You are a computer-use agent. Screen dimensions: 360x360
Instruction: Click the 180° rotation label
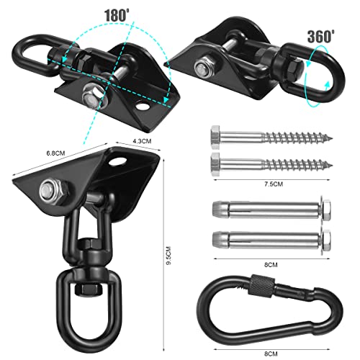117,16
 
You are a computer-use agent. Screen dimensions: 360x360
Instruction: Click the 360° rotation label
321,37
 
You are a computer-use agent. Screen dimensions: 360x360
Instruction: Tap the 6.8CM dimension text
55,153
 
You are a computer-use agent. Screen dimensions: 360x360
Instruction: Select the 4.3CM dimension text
142,141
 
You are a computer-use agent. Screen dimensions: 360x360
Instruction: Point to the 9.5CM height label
168,256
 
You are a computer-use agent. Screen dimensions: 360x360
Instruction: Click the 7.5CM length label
274,184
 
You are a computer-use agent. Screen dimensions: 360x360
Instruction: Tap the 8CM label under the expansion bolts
271,265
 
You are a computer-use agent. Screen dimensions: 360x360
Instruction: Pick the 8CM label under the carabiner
271,354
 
